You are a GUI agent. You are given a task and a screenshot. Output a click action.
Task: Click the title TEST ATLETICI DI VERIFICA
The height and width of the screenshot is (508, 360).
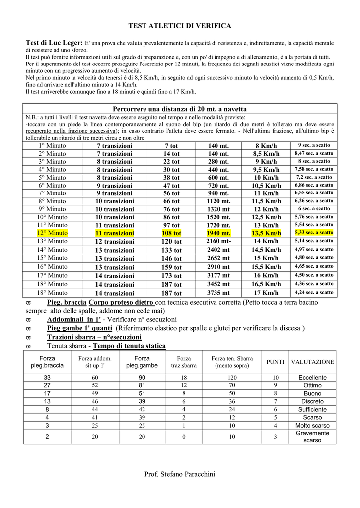pos(180,25)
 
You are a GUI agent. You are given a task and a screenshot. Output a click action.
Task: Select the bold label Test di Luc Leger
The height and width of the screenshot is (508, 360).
pos(55,43)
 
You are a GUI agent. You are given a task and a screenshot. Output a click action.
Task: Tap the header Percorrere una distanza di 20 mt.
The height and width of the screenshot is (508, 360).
pos(180,109)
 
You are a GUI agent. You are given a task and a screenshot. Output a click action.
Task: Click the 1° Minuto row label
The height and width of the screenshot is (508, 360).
pos(52,146)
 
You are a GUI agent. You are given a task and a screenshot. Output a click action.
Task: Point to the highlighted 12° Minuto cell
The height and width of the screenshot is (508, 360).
pos(52,233)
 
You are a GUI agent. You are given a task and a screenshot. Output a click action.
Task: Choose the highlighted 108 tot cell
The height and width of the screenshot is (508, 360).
pos(171,233)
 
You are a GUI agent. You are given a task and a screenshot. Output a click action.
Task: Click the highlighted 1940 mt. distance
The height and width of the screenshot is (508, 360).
pos(218,233)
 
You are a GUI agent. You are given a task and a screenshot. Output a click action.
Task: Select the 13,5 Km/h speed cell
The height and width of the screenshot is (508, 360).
pos(266,233)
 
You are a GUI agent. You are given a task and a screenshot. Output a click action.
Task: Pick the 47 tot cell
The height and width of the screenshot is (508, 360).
pos(171,186)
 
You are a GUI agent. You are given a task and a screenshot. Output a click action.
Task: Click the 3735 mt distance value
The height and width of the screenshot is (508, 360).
pos(218,293)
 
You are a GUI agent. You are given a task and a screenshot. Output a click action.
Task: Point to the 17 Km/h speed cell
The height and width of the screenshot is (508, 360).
pos(266,293)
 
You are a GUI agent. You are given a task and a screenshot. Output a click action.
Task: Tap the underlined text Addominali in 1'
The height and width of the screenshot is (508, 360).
pos(74,319)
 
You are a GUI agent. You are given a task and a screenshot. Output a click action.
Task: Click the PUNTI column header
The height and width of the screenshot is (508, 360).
pos(275,362)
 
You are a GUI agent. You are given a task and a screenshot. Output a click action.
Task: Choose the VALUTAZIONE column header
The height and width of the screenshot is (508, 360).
pos(312,362)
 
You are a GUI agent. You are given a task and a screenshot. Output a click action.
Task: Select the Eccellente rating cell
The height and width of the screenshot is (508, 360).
pos(312,378)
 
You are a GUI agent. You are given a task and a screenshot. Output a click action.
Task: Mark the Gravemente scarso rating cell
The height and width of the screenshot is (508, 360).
pos(312,437)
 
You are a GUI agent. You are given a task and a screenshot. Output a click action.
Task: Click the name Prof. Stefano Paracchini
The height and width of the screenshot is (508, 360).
pos(180,475)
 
